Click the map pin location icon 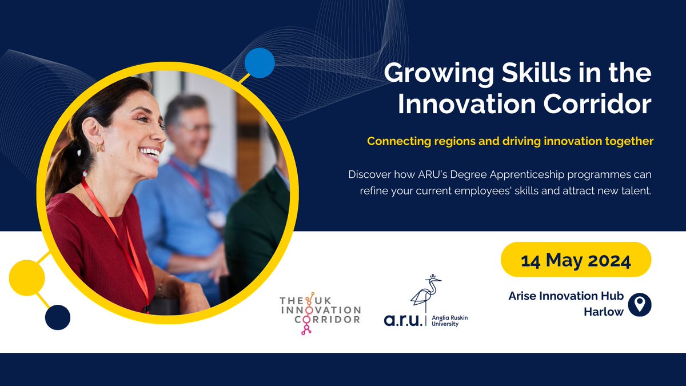tap(640, 305)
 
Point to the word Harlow tap(603, 312)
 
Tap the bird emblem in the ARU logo tap(426, 294)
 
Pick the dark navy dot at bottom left tap(57, 317)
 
